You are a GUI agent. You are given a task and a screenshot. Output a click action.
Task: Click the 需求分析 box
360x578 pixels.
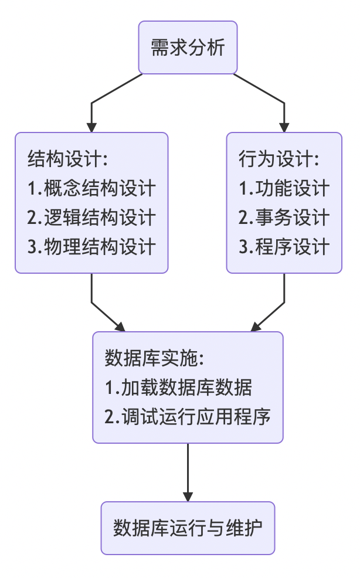188,47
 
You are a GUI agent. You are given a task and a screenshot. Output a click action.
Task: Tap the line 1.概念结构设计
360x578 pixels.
91,188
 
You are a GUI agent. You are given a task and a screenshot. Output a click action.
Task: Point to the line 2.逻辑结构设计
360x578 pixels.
91,217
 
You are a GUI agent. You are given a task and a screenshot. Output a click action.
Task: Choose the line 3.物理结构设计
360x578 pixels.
91,247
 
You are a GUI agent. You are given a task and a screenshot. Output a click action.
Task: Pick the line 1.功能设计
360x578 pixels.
284,188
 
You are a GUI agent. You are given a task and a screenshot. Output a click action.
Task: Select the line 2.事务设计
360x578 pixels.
284,217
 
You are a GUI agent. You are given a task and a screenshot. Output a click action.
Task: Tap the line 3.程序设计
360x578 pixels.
284,247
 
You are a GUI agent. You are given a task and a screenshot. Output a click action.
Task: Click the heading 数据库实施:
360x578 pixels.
154,358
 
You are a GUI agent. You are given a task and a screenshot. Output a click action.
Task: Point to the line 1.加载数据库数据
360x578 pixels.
179,387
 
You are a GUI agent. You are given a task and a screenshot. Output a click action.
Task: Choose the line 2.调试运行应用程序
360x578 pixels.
188,417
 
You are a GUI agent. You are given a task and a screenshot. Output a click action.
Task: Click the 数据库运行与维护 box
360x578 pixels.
188,528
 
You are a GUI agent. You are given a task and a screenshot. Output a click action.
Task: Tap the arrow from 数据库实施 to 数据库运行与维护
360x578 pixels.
188,469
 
